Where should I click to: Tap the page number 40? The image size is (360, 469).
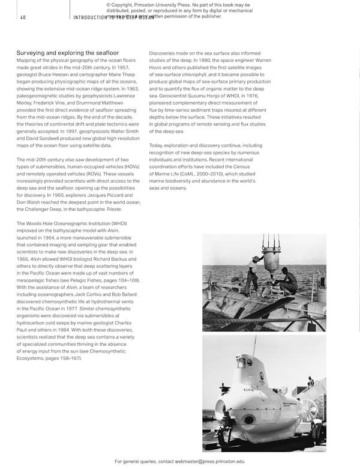22,17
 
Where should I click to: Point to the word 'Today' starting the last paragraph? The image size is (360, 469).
156,146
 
